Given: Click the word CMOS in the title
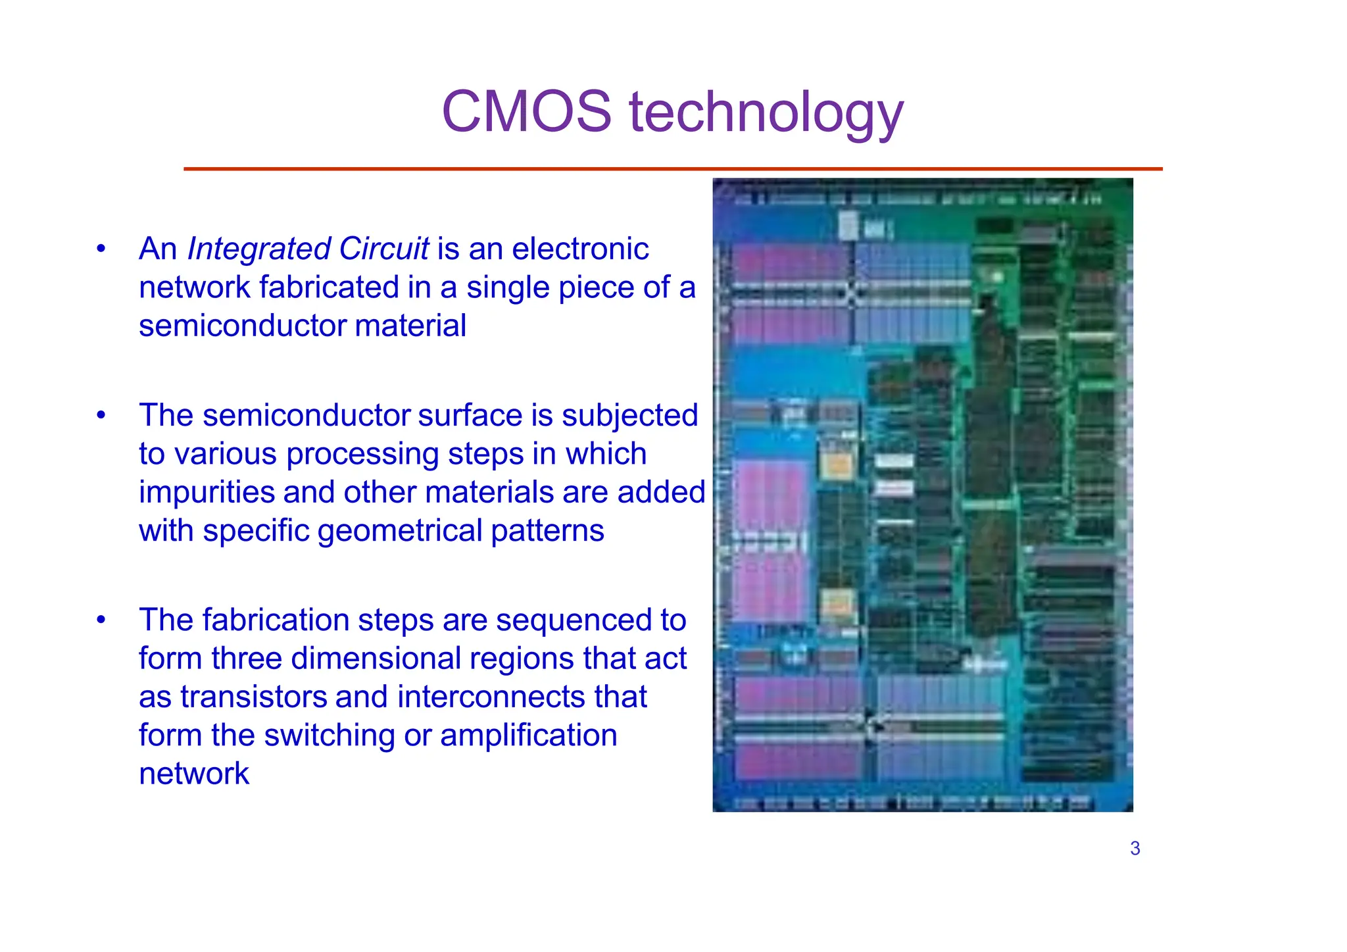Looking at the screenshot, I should [526, 112].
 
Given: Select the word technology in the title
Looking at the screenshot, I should [766, 113].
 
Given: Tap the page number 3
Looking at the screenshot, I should [1135, 849].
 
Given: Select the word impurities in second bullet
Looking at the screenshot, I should [207, 493].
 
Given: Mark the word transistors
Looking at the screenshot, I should [253, 697].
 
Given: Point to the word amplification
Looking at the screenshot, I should [529, 736].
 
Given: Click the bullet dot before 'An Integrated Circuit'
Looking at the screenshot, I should [101, 249].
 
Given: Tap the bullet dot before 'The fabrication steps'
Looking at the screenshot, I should [101, 620].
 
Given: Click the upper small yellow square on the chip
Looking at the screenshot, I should [838, 465].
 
